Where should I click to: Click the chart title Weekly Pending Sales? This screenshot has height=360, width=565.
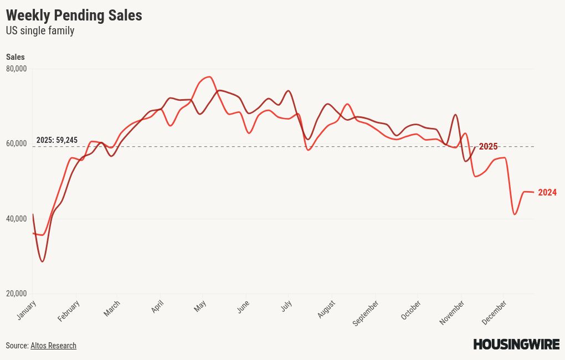tap(74, 16)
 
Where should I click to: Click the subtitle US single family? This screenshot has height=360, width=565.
tap(40, 31)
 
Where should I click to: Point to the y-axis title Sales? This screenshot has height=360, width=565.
tap(16, 57)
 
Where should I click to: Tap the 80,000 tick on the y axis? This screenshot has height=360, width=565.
tap(17, 69)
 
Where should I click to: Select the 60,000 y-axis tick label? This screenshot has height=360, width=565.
tap(17, 143)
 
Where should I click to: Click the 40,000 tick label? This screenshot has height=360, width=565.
tap(17, 219)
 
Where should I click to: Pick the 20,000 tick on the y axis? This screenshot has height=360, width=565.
tap(17, 294)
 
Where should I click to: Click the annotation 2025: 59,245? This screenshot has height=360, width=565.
tap(57, 140)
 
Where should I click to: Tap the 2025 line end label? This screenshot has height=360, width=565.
tap(488, 147)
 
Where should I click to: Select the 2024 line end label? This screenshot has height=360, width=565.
tap(547, 193)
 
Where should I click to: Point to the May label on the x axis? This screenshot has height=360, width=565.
tap(200, 306)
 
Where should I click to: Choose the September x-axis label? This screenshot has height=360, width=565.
tap(366, 312)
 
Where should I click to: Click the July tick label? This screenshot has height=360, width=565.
tap(286, 306)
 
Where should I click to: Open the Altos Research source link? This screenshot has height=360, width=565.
tap(53, 346)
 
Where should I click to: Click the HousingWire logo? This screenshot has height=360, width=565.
tap(516, 344)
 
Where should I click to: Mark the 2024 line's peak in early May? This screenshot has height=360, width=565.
tap(209, 77)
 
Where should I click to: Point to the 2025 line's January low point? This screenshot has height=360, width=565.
tap(42, 261)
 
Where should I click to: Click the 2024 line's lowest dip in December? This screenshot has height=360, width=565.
tap(515, 214)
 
